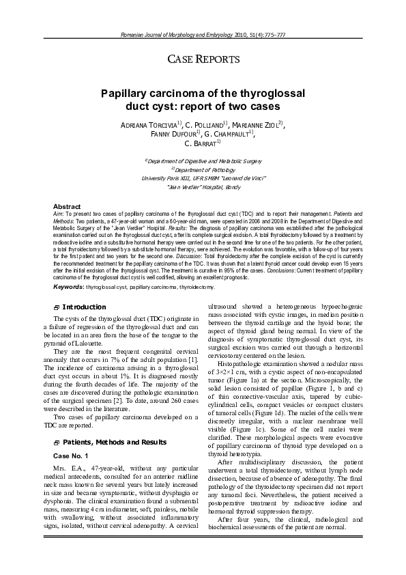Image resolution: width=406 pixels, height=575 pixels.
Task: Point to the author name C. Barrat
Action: tap(201, 144)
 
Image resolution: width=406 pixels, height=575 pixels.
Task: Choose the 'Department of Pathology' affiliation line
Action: tap(203, 169)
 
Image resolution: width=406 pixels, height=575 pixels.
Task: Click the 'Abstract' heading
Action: tap(67, 206)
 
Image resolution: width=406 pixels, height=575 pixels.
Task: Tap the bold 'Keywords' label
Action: tap(69, 287)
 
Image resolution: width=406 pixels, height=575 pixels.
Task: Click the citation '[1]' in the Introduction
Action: tap(194, 360)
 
